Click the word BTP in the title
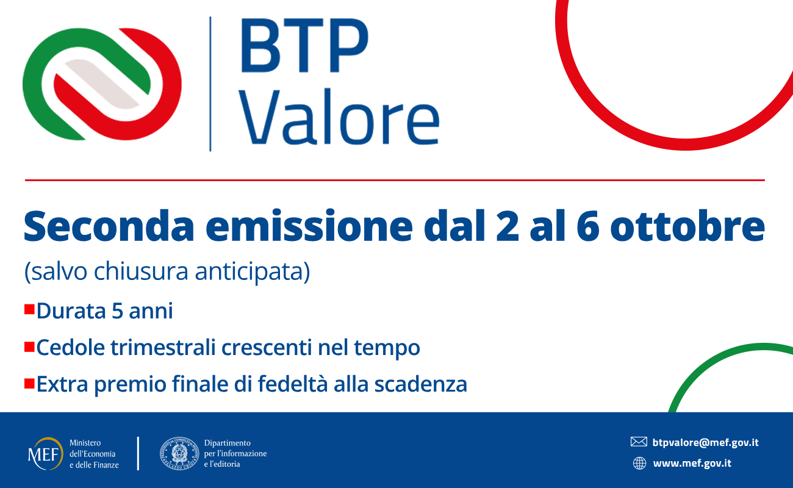pos(305,45)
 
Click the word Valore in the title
pos(340,117)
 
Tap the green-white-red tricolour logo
pos(102,84)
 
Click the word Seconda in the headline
pos(109,226)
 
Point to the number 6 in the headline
pos(587,226)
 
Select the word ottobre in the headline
pos(687,226)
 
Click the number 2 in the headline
pos(508,226)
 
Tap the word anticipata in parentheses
pos(253,271)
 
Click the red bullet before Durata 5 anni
pos(29,309)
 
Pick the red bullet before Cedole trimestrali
pos(29,346)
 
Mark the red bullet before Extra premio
pos(29,384)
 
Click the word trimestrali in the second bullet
pos(163,347)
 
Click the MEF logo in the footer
pos(45,454)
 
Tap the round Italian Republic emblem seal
pos(179,453)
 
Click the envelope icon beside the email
pos(639,442)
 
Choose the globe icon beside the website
pos(639,463)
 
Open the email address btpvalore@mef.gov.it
pos(706,443)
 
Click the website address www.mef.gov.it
pos(692,464)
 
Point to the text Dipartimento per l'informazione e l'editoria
pos(235,453)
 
